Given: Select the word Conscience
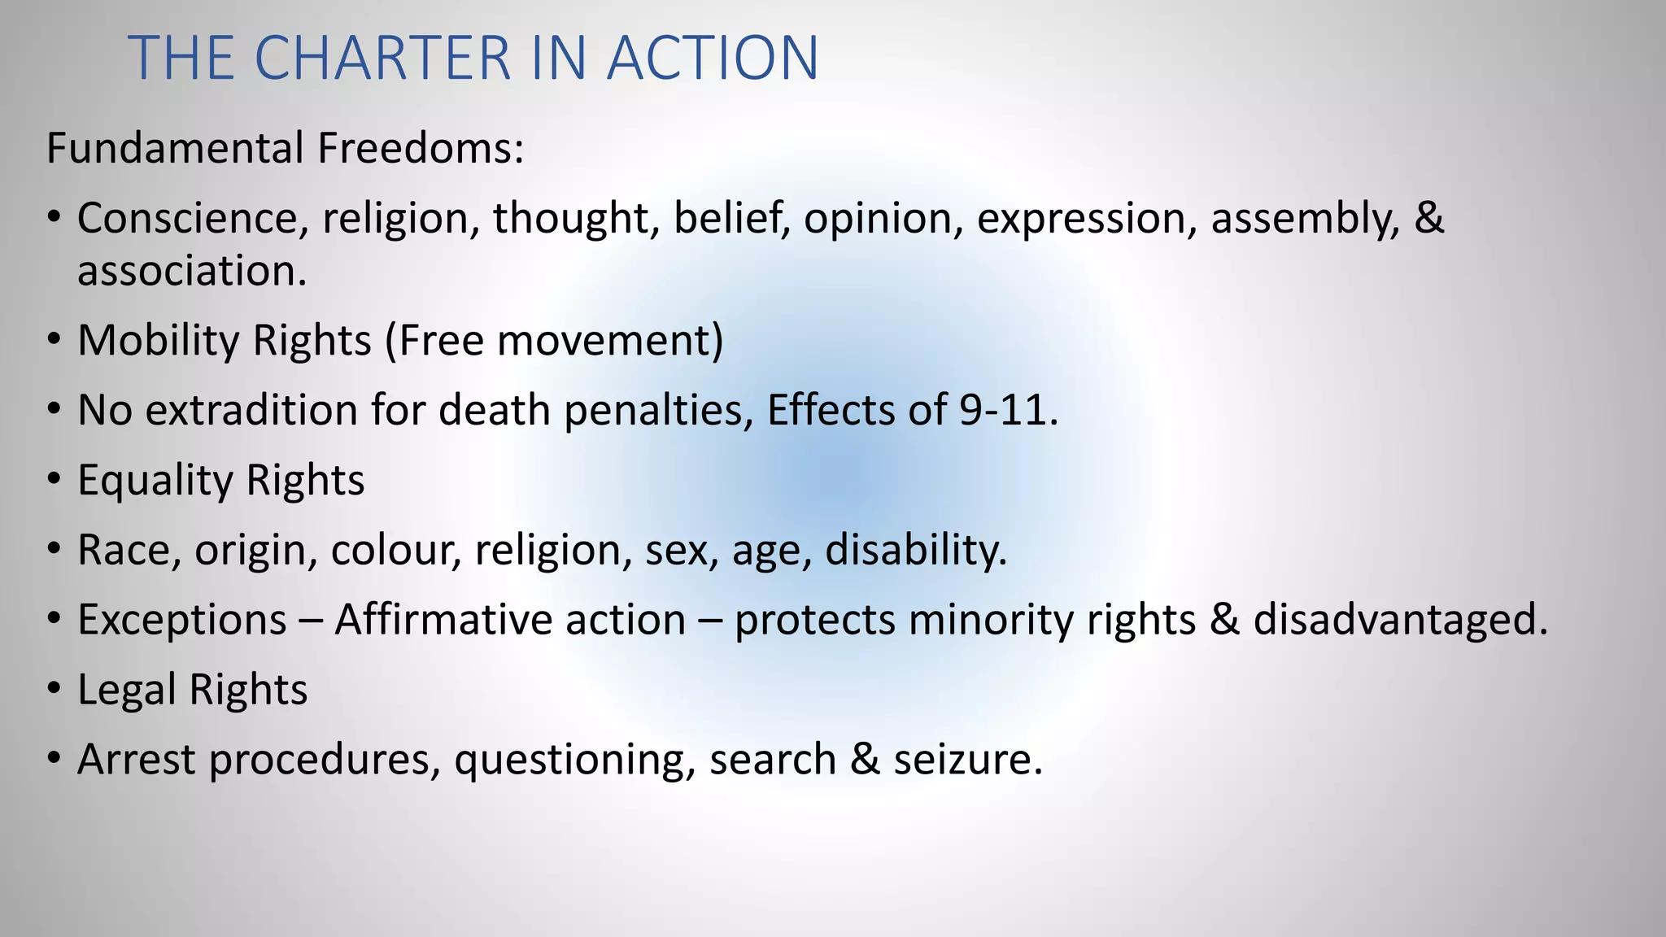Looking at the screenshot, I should pos(193,219).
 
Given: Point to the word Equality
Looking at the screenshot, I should pos(155,480).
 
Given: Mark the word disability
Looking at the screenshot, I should pos(916,550).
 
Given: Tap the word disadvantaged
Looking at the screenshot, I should pos(1400,620).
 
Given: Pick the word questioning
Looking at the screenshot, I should pos(574,760).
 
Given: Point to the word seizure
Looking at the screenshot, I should pos(967,760).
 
